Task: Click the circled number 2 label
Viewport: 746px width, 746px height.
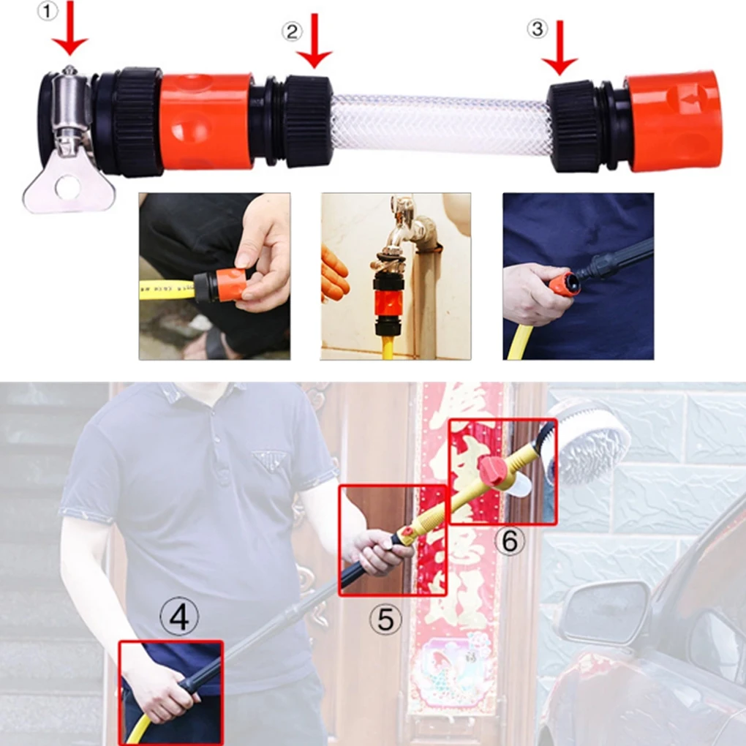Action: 292,31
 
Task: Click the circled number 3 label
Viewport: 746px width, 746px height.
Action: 537,29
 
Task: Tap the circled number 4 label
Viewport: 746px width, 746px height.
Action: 179,619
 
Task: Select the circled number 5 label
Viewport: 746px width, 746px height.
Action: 385,620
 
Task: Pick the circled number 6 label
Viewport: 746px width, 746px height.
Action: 510,542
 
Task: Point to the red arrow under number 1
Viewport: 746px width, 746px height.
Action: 71,29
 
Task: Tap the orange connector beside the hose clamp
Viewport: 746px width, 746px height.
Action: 206,121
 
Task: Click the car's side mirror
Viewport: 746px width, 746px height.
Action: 603,611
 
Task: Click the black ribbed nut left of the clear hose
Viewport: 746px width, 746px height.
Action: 308,121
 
